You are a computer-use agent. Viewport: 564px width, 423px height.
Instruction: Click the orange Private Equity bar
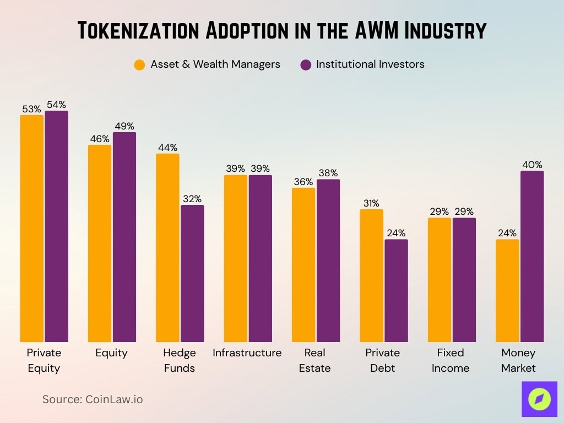[31, 229]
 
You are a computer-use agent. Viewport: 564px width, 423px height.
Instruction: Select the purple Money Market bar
[532, 257]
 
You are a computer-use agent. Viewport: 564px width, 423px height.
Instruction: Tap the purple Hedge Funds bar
[192, 274]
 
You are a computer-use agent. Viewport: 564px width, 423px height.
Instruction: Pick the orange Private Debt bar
[371, 276]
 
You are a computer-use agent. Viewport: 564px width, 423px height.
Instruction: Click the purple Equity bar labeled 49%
[124, 237]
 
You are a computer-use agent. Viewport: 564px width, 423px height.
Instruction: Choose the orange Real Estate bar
[303, 265]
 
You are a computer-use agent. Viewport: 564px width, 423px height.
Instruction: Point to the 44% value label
[167, 148]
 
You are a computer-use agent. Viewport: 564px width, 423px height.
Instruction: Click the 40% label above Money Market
[532, 165]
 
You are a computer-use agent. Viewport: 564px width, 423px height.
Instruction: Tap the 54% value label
[56, 105]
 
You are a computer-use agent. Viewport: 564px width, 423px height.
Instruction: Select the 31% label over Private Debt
[371, 203]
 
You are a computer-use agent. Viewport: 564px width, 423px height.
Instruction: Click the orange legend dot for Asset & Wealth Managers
[139, 64]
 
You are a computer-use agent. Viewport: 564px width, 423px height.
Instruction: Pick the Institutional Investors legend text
[370, 64]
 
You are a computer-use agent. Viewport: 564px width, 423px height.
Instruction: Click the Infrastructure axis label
[247, 353]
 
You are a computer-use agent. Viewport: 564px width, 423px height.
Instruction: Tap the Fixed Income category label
[451, 360]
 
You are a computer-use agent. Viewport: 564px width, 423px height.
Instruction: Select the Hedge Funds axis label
[180, 360]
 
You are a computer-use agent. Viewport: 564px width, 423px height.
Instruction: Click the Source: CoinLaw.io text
[93, 399]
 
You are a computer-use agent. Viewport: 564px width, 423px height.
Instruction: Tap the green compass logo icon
[539, 399]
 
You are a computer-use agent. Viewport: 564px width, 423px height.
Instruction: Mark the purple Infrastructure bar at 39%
[260, 259]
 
